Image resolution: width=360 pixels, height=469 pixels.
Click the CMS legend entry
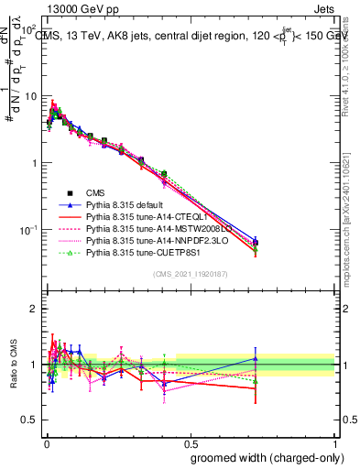click(x=96, y=192)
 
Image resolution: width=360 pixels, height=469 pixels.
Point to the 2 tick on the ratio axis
click(x=34, y=309)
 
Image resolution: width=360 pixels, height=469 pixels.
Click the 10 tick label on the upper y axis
click(x=29, y=96)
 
